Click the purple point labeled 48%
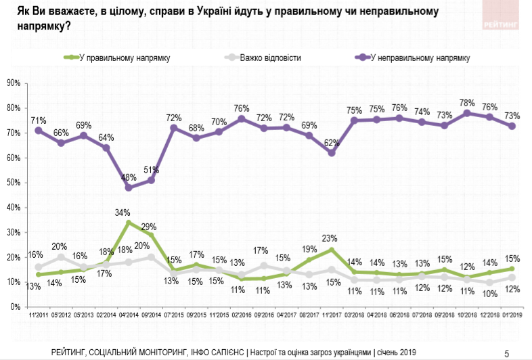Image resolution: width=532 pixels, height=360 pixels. tap(129, 187)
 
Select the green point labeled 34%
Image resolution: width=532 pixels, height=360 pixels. tap(129, 223)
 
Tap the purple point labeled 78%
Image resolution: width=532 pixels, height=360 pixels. tap(467, 113)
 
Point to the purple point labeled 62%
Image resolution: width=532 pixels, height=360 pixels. tap(332, 153)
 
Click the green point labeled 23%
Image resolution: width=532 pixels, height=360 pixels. tap(332, 250)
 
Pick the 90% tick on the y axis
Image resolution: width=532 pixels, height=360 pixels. tap(13, 83)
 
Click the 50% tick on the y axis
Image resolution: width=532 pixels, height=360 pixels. tap(13, 183)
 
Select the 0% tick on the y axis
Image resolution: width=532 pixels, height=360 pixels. tap(15, 307)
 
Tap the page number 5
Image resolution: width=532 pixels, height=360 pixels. tap(506, 352)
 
